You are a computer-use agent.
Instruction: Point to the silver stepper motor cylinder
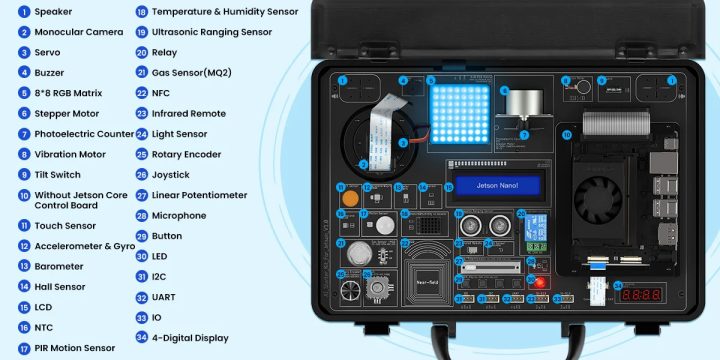524,103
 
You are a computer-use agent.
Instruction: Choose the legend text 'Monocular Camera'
78,32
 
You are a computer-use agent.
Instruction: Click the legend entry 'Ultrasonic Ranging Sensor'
211,32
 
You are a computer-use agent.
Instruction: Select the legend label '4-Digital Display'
189,338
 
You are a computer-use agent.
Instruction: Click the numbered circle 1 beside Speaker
24,12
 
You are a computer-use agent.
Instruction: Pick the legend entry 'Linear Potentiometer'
199,195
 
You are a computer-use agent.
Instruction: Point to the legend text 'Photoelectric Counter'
84,134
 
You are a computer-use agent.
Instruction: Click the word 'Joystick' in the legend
171,175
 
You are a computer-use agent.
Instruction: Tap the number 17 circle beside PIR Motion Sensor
24,348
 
